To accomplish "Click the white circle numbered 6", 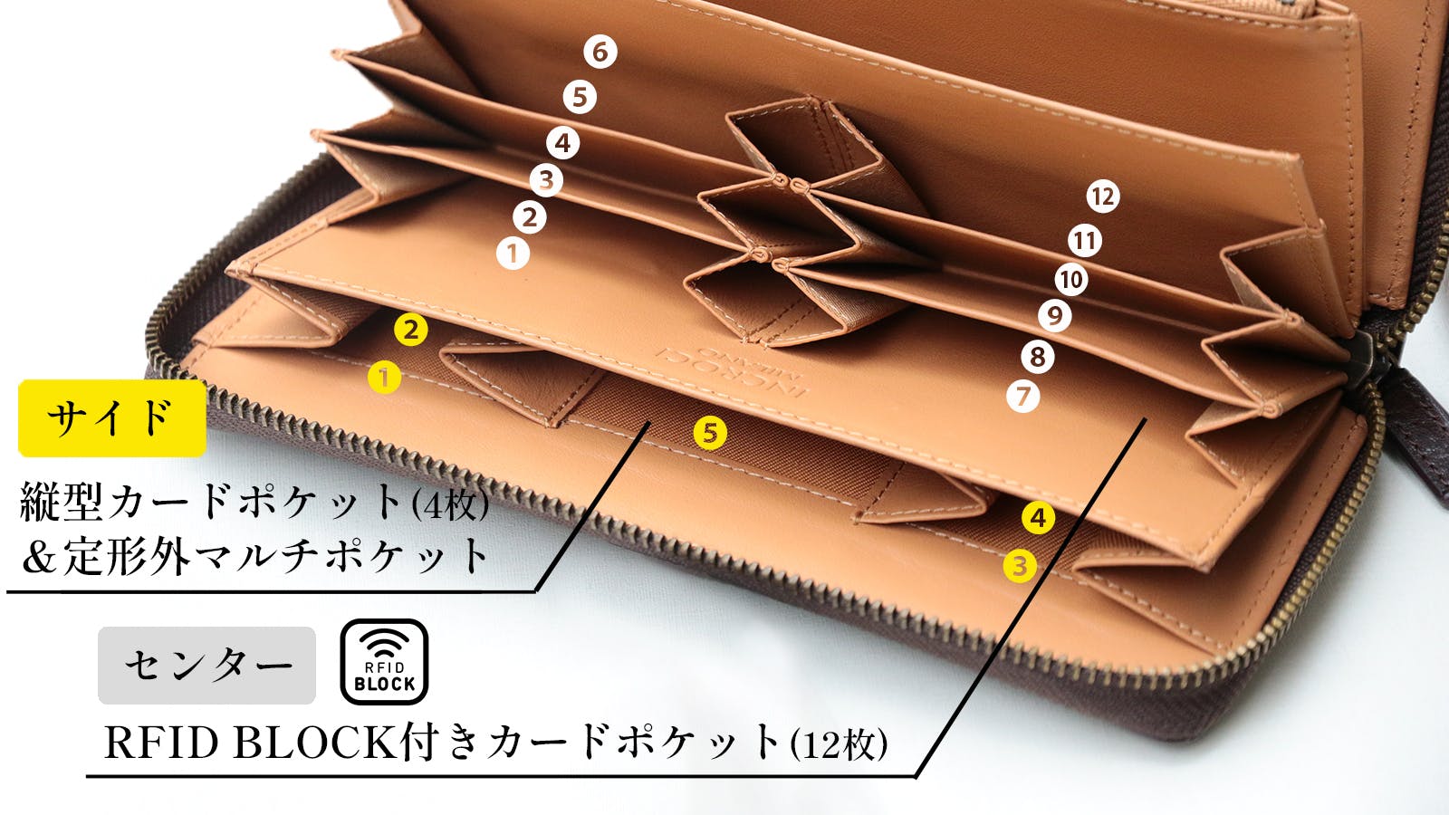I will click(x=600, y=52).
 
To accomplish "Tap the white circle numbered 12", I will click(x=1102, y=197).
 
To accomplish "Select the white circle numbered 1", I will click(x=513, y=253).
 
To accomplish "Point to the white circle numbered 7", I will click(x=1023, y=396).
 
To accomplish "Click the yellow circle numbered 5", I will click(x=710, y=433).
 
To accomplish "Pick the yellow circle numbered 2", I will click(x=411, y=330).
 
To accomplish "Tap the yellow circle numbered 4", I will click(x=1038, y=518).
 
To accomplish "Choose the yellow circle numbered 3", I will click(x=1020, y=566).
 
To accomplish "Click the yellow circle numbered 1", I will click(x=384, y=377).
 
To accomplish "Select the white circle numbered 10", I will click(x=1071, y=280).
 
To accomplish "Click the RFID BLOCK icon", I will click(x=384, y=662).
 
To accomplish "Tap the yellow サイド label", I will click(x=111, y=417).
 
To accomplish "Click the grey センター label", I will click(x=206, y=665).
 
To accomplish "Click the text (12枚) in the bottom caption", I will click(x=839, y=744).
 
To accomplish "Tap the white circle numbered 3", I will click(x=546, y=180).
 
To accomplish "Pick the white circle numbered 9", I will click(x=1054, y=316).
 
